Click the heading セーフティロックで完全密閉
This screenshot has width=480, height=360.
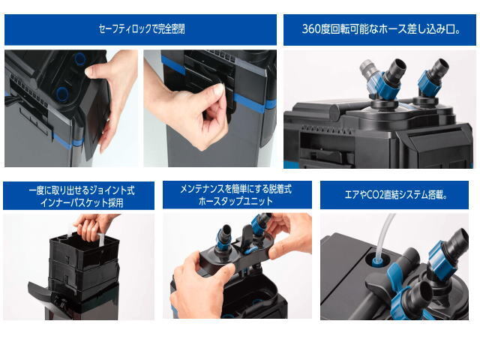coord(142,29)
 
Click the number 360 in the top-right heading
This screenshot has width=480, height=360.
coord(311,29)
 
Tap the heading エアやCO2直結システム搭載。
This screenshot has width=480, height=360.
coord(396,195)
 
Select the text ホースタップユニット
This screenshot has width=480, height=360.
coord(235,202)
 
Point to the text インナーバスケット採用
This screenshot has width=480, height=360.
coord(82,202)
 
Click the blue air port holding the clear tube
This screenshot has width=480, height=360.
coord(376,261)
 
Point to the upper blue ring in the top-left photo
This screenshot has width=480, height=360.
coord(80,58)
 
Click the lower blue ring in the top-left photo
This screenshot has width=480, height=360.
coord(62,93)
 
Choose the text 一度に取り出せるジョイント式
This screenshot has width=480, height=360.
coord(82,190)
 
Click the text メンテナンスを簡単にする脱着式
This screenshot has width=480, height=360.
coord(235,189)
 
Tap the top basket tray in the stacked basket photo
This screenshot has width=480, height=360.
coord(85,249)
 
